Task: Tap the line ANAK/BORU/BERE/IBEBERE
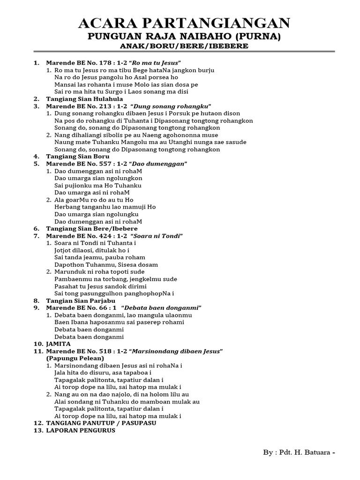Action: coord(184,46)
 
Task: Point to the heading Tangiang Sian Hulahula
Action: coord(84,99)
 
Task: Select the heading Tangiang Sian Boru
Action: coord(78,156)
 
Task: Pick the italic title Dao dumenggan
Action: coord(159,164)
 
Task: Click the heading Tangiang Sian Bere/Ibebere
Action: coord(91,228)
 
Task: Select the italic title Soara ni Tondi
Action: coord(158,235)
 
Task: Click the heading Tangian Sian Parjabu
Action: coord(81,300)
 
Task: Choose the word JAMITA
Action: coord(58,344)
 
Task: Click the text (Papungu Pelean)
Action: coord(75,358)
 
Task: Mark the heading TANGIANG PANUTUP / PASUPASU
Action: coord(101,423)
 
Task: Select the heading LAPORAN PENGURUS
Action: coord(80,430)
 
